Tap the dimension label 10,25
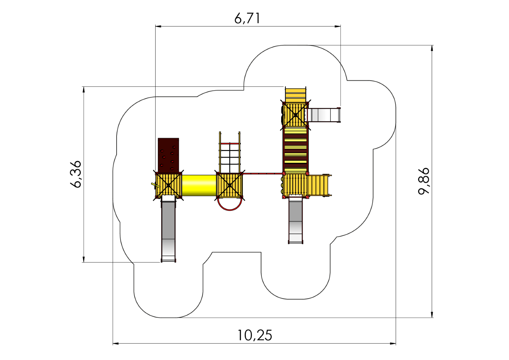point(254,335)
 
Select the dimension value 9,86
point(424,181)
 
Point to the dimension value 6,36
point(76,174)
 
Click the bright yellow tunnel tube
point(199,185)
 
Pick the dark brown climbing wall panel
point(168,155)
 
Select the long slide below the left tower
point(168,229)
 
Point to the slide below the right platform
point(295,220)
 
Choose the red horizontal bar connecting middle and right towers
point(263,174)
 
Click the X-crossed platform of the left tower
point(168,186)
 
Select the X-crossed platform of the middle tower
point(230,186)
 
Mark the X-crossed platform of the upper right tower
point(295,115)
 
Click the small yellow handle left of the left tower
point(156,186)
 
